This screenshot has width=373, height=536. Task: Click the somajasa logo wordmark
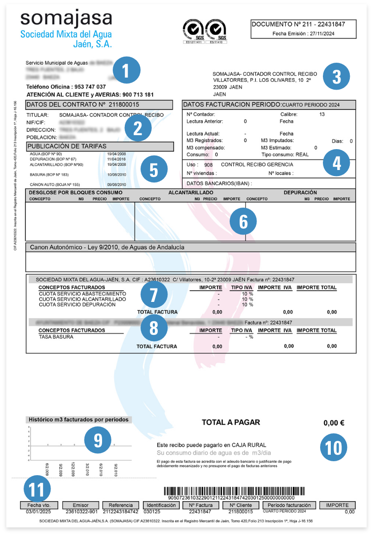[x=66, y=19]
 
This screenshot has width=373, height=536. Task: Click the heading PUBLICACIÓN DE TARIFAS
[x=67, y=146]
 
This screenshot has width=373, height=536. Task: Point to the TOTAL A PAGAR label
[x=231, y=422]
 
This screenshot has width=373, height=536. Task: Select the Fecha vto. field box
[x=39, y=505]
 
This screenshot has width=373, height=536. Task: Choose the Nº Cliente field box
[x=240, y=505]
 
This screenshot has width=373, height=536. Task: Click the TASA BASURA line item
[x=56, y=337]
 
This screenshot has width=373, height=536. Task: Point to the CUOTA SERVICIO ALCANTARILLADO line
[x=82, y=299]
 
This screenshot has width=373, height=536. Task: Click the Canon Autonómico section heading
[x=107, y=248]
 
